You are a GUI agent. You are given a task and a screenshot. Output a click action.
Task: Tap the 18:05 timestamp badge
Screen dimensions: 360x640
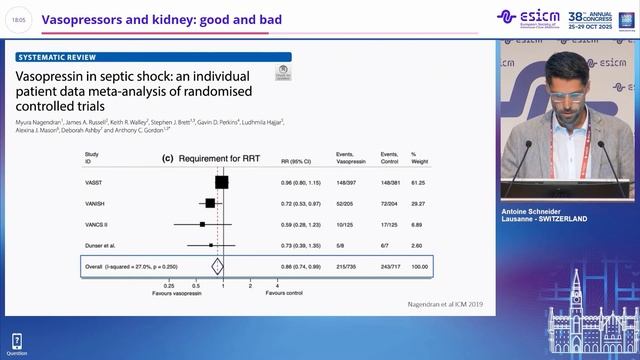click(x=18, y=18)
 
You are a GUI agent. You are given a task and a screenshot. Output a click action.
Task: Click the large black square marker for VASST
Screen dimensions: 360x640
click(x=221, y=182)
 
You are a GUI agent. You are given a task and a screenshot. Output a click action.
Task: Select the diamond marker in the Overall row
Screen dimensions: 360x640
click(x=216, y=266)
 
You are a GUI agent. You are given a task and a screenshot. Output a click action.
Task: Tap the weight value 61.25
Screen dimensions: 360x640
click(x=419, y=182)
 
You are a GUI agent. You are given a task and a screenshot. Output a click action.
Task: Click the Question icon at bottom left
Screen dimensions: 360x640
click(x=16, y=344)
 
